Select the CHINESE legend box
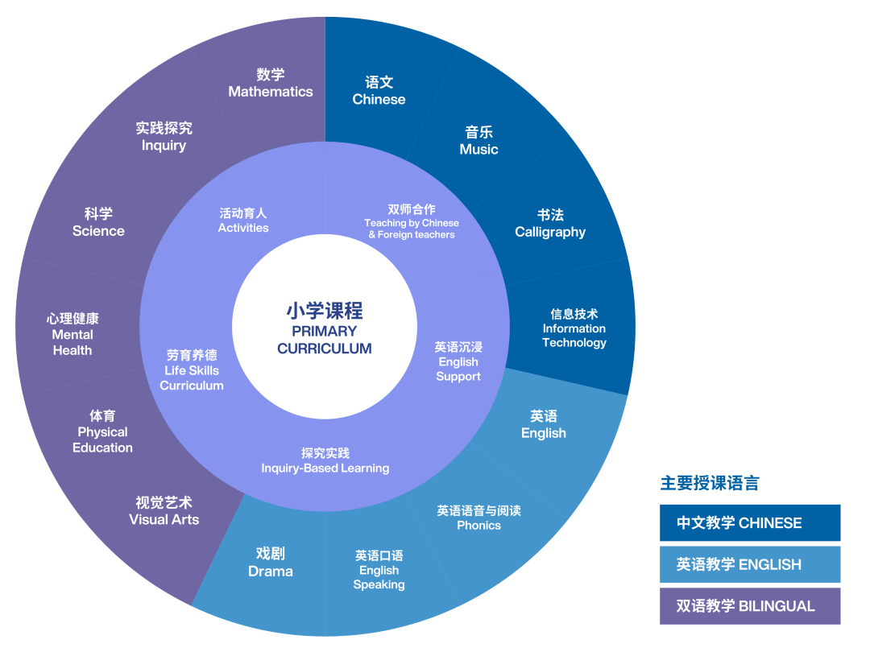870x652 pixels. (750, 522)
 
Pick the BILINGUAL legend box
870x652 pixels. (750, 606)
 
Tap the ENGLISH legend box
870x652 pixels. (750, 564)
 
